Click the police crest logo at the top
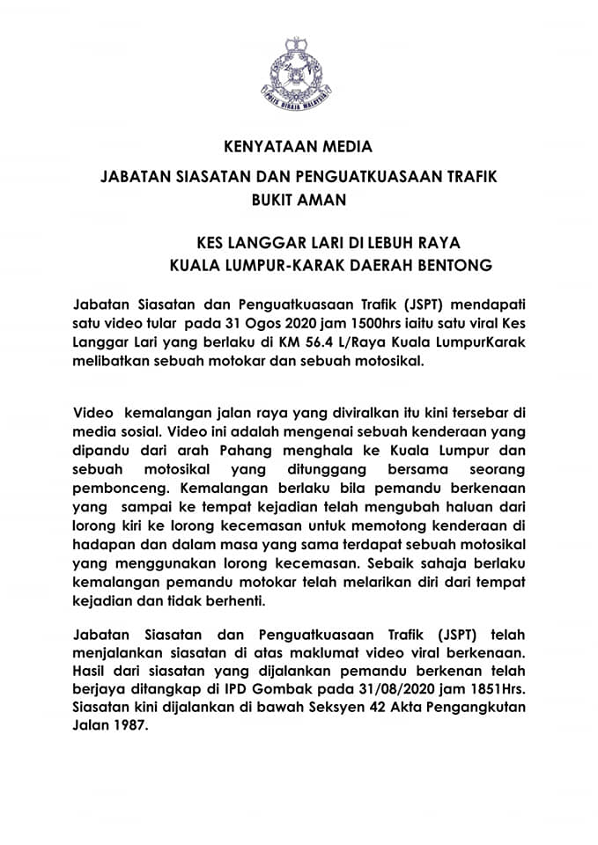299,71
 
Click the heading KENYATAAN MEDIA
299,145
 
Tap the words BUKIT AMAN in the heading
299,200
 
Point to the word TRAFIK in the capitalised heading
459,176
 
